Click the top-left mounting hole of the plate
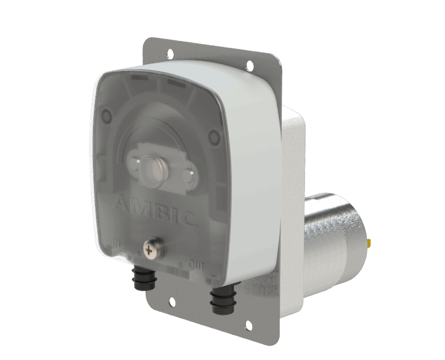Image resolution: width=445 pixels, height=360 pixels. click(170, 53)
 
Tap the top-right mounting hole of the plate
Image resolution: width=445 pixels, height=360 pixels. click(249, 65)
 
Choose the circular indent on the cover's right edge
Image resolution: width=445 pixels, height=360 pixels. click(213, 137)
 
